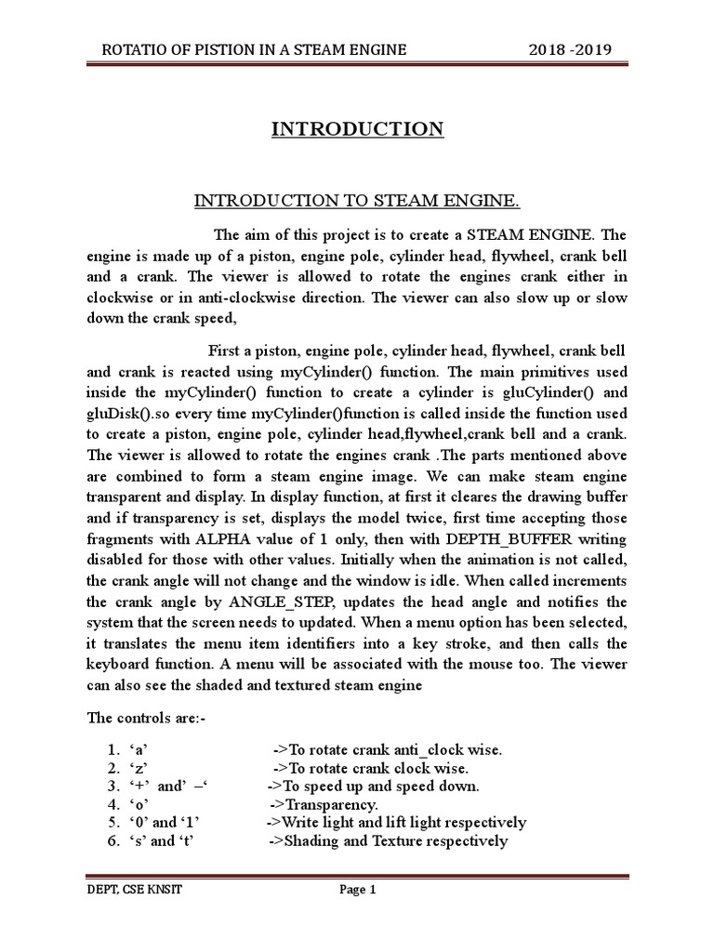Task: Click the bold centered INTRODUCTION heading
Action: (x=357, y=128)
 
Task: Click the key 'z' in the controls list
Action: (x=137, y=768)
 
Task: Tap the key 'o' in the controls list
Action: (x=138, y=804)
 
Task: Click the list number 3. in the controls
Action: (x=112, y=787)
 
